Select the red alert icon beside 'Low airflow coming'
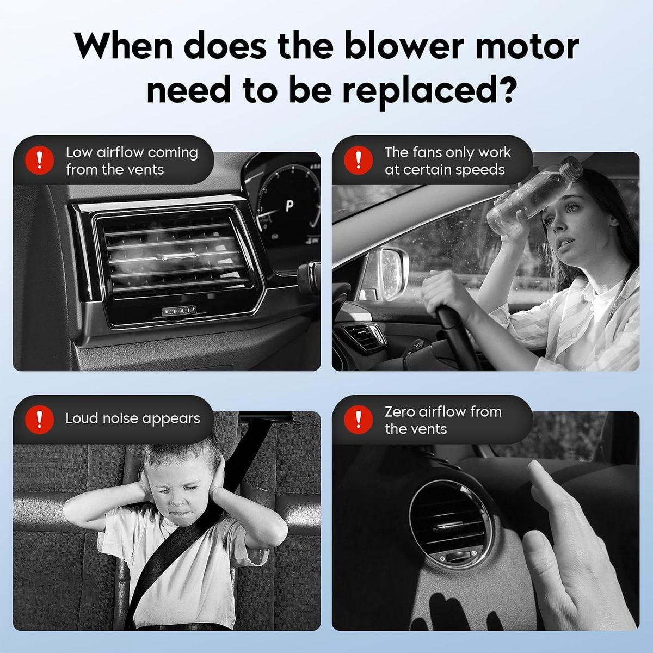pos(40,161)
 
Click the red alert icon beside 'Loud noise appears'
pos(40,420)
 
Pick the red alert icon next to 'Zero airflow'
pos(359,420)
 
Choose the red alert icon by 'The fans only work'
pos(359,161)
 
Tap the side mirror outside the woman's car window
pos(389,272)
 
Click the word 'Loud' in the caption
pos(82,418)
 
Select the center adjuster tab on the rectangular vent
pos(176,256)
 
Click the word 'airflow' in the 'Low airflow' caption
pos(120,153)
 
